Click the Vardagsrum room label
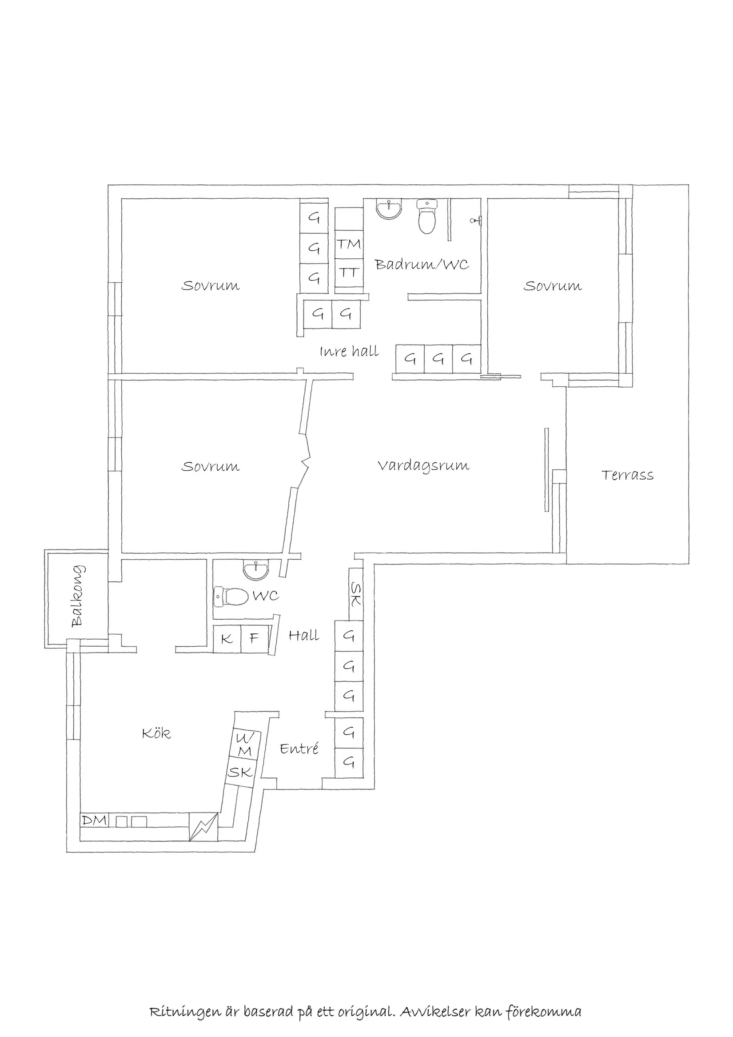(423, 465)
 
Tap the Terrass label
(627, 475)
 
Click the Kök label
(156, 733)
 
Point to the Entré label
(299, 749)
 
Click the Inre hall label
(349, 352)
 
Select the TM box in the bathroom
(349, 244)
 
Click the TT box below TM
(349, 273)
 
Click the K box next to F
(227, 639)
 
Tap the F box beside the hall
(255, 639)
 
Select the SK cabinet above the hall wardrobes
(356, 594)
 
